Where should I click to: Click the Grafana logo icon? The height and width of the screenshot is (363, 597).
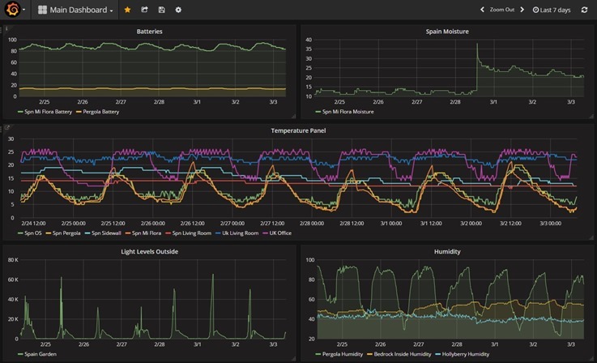click(x=12, y=10)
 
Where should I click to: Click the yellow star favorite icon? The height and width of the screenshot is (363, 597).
click(x=127, y=10)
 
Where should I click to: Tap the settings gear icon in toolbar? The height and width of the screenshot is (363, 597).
click(x=178, y=10)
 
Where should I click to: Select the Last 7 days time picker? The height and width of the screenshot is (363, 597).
click(x=552, y=10)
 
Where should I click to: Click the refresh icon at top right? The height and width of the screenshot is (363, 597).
click(x=584, y=10)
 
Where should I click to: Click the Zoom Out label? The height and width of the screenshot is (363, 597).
click(x=501, y=10)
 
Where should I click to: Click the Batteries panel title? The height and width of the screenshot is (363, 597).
click(x=149, y=32)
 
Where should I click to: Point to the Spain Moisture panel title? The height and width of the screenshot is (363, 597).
click(x=447, y=32)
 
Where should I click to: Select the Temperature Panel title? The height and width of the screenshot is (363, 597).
click(x=298, y=130)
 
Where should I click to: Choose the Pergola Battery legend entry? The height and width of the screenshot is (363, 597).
click(x=100, y=112)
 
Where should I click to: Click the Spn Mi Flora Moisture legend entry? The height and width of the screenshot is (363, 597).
click(x=348, y=112)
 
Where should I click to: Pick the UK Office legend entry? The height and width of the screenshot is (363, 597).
click(x=279, y=233)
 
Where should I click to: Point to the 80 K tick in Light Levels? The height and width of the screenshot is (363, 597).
click(x=12, y=260)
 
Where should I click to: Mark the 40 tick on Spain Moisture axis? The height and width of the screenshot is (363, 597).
click(x=308, y=39)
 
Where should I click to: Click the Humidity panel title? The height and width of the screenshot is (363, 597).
click(x=447, y=251)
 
